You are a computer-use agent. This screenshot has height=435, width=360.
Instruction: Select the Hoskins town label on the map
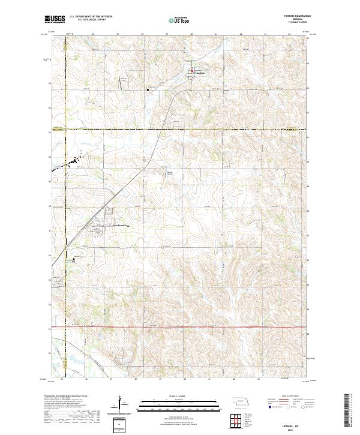coord(200,75)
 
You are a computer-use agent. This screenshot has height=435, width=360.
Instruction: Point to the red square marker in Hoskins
coord(192,73)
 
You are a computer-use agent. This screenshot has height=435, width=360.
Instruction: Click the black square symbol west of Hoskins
coord(148,90)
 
